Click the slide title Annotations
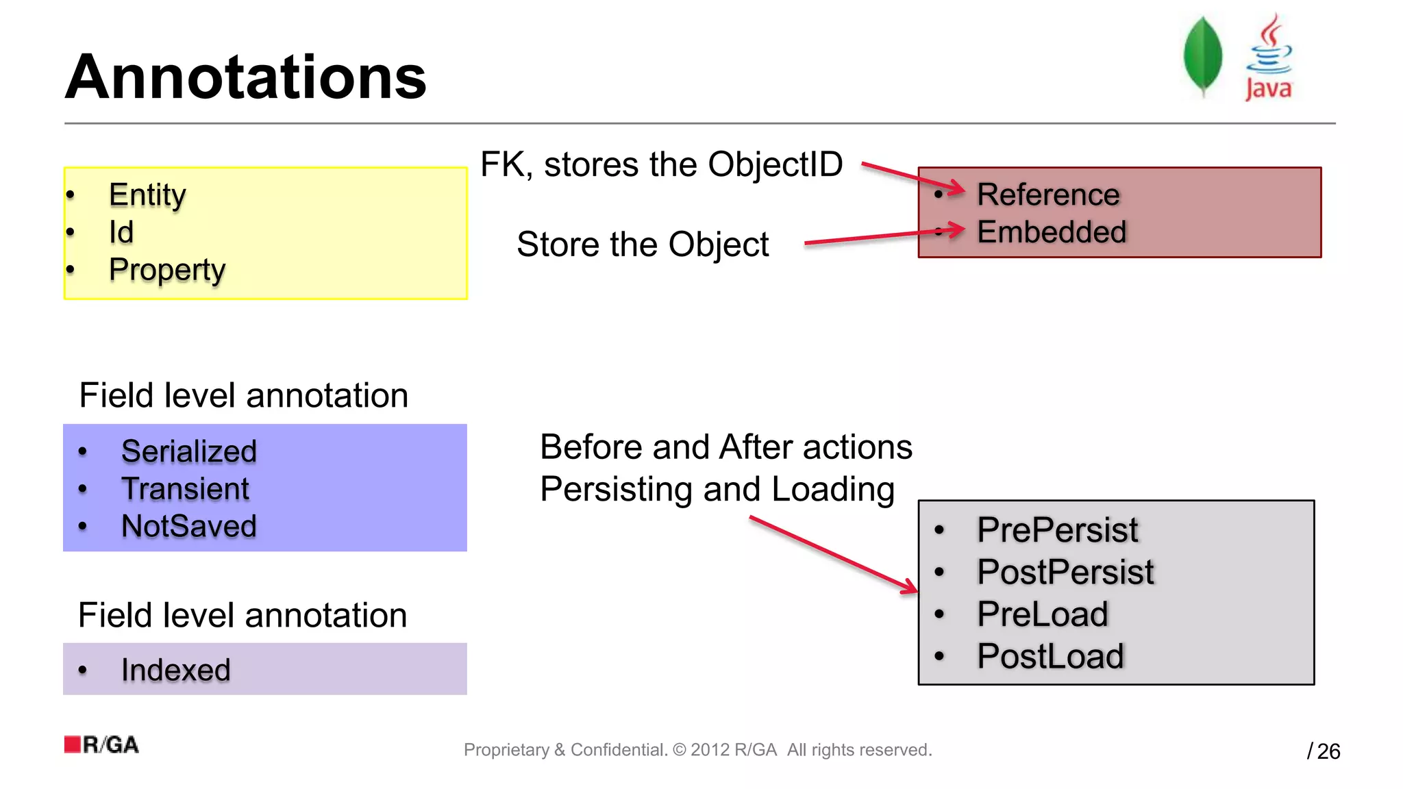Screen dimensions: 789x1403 (245, 77)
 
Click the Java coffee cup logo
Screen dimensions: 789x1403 (1269, 58)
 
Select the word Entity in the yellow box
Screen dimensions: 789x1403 (147, 195)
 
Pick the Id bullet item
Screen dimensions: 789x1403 (121, 232)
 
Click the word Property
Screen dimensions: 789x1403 (167, 270)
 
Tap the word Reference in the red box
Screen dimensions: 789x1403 (1048, 195)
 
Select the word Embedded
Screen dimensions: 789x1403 (1052, 232)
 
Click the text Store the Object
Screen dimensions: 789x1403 (642, 245)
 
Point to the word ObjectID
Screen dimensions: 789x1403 (775, 164)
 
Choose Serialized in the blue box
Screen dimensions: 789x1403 (188, 451)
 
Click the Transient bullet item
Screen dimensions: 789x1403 (185, 489)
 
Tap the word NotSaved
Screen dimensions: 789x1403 (188, 527)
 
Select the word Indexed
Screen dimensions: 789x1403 (175, 670)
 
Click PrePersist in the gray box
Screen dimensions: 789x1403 (1057, 530)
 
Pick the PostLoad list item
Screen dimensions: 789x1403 (1050, 656)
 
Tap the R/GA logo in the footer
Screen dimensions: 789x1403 (101, 744)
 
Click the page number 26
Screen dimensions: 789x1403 (1328, 751)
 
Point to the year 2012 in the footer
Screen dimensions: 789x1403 (709, 750)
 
